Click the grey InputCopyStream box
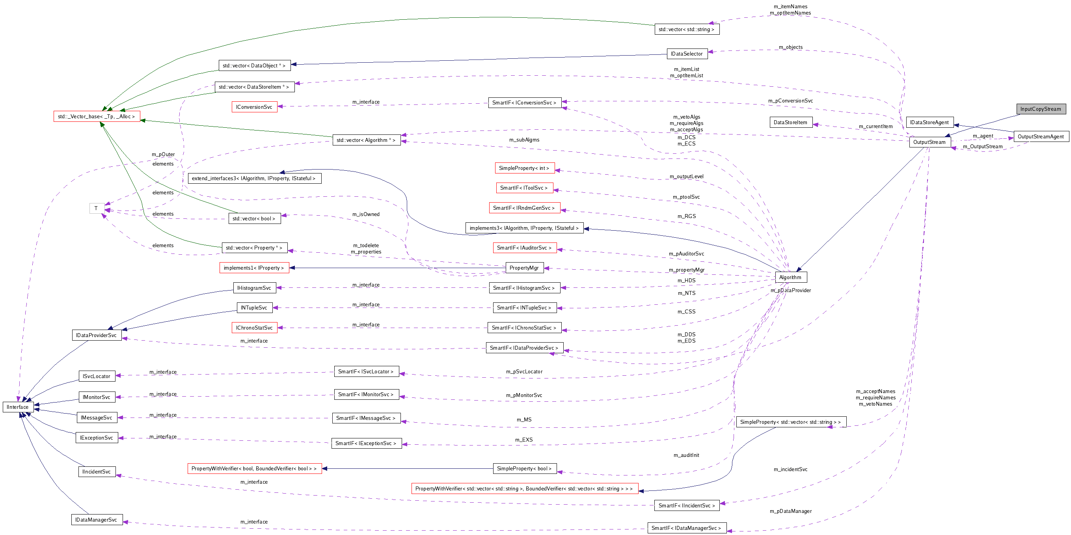point(1041,109)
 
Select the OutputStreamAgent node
point(1041,136)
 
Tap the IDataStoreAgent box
point(929,122)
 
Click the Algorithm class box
point(790,277)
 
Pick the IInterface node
point(18,407)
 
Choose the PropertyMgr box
point(524,268)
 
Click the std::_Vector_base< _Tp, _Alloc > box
point(97,116)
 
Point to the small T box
point(96,208)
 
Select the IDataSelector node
point(686,54)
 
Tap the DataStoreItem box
point(790,122)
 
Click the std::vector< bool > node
point(254,218)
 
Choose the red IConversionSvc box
point(254,107)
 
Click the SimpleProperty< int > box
point(524,168)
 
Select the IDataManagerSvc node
point(97,520)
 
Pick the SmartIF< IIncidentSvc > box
point(686,505)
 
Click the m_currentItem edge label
point(875,127)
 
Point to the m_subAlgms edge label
point(524,140)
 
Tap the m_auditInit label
point(686,455)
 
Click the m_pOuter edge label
point(163,154)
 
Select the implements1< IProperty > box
point(254,268)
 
